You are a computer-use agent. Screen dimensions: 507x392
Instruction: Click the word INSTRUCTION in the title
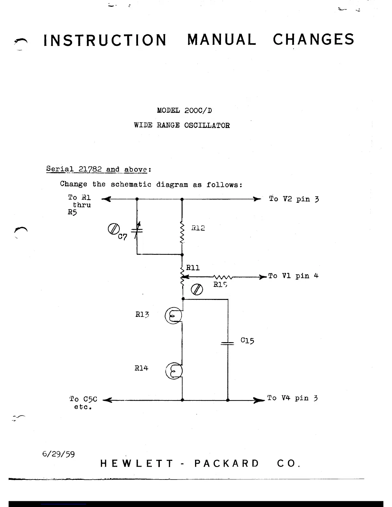[105, 40]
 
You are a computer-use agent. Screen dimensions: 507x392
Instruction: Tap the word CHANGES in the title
[314, 39]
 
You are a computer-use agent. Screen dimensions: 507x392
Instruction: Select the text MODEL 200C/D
[184, 111]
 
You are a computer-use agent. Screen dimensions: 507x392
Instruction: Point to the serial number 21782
[90, 169]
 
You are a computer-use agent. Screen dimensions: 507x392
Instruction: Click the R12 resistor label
[198, 228]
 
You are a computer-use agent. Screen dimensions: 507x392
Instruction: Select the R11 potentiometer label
[193, 268]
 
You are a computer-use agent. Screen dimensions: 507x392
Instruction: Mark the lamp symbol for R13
[173, 316]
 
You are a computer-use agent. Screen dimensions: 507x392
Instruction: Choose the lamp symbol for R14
[174, 371]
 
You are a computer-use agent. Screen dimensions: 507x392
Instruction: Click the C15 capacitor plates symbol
[228, 343]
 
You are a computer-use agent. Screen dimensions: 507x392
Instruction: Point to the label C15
[247, 340]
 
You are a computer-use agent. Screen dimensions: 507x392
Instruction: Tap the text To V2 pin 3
[294, 199]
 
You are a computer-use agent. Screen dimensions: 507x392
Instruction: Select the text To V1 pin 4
[293, 276]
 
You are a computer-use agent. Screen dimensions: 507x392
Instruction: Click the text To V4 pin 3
[292, 398]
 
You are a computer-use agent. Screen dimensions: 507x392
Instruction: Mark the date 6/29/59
[58, 454]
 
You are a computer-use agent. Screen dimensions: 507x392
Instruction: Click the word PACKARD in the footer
[226, 463]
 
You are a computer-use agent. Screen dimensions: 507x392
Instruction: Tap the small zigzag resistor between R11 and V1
[223, 277]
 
